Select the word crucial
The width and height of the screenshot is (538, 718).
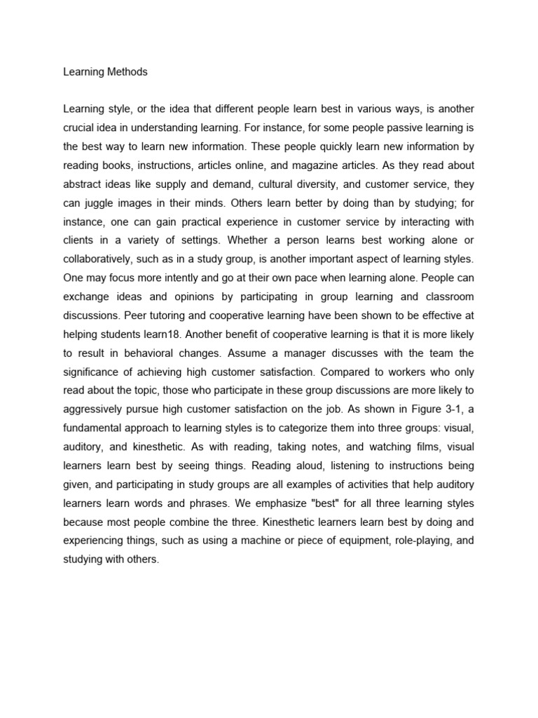coord(78,128)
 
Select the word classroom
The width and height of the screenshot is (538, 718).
coord(447,297)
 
